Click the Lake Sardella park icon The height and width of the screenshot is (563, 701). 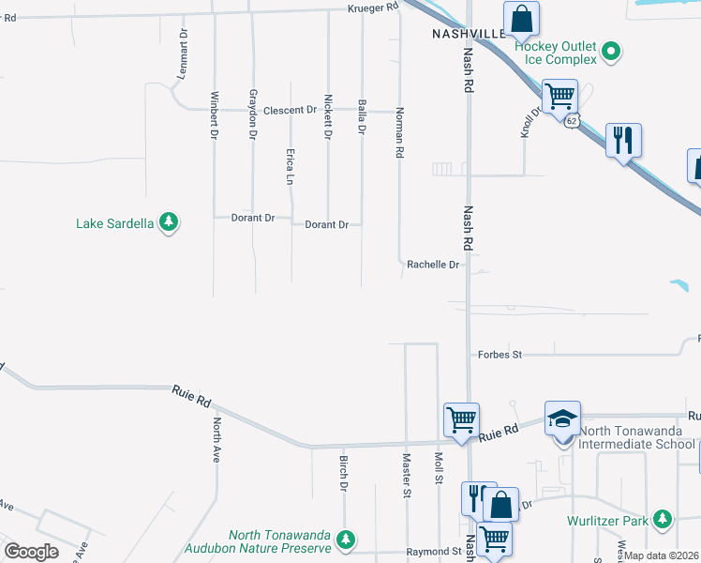[x=168, y=223]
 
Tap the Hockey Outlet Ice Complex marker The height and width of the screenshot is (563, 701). [x=611, y=51]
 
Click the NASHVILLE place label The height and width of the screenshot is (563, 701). [x=469, y=33]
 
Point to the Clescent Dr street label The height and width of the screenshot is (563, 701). [x=290, y=111]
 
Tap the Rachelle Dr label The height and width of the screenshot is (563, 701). [x=433, y=265]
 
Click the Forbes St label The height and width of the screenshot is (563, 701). [x=500, y=355]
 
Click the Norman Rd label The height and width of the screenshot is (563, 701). [x=400, y=132]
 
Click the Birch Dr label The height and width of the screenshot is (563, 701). [x=343, y=474]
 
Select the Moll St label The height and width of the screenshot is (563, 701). [x=438, y=468]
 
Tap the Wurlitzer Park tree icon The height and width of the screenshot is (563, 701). [x=663, y=519]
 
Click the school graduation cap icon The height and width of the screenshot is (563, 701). [x=563, y=418]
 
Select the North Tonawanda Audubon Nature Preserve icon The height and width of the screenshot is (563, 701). [x=346, y=540]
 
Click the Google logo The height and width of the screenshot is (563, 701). [x=32, y=552]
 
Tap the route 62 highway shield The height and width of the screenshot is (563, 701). [x=571, y=120]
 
